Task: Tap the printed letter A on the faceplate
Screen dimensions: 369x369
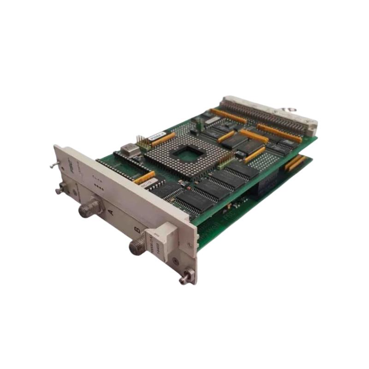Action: (x=110, y=212)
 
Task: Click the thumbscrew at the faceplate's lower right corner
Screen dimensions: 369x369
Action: (x=186, y=277)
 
